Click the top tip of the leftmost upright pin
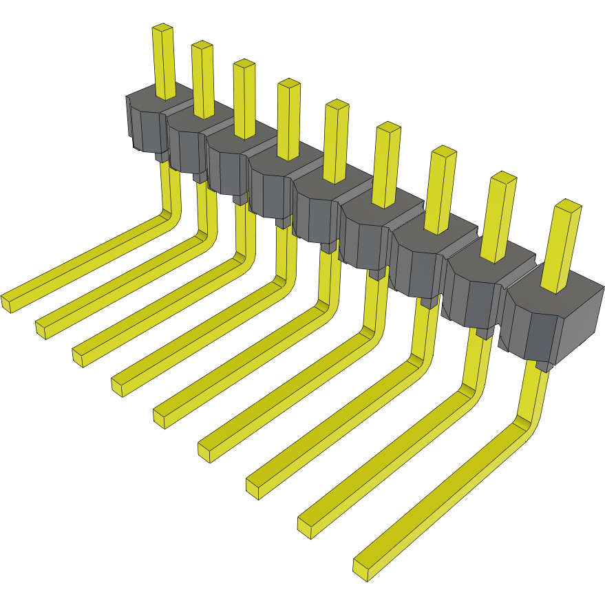coord(162,28)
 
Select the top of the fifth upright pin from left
coord(337,105)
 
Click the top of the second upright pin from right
coord(504,177)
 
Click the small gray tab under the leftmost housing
coord(160,158)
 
